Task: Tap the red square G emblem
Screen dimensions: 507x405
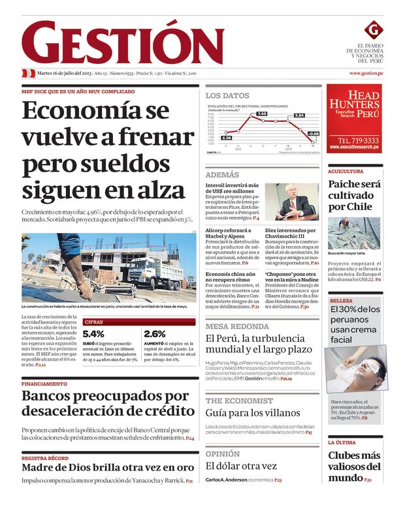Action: click(x=372, y=29)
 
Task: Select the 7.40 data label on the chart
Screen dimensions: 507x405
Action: click(x=261, y=114)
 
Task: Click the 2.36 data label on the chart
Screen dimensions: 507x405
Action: click(x=227, y=138)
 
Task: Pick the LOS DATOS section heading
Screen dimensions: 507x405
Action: click(x=227, y=95)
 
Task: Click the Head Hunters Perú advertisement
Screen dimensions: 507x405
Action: click(x=354, y=118)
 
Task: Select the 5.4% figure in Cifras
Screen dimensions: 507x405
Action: click(x=93, y=333)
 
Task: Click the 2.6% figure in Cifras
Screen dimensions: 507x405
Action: click(x=155, y=333)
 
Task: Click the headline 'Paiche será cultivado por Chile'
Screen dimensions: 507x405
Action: click(x=354, y=195)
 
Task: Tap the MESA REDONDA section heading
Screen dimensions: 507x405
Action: click(x=237, y=326)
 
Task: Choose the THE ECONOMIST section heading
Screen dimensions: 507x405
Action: click(x=240, y=401)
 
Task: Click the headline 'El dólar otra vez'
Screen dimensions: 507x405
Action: click(x=242, y=466)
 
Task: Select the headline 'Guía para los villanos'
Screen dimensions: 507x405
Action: click(x=253, y=413)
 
